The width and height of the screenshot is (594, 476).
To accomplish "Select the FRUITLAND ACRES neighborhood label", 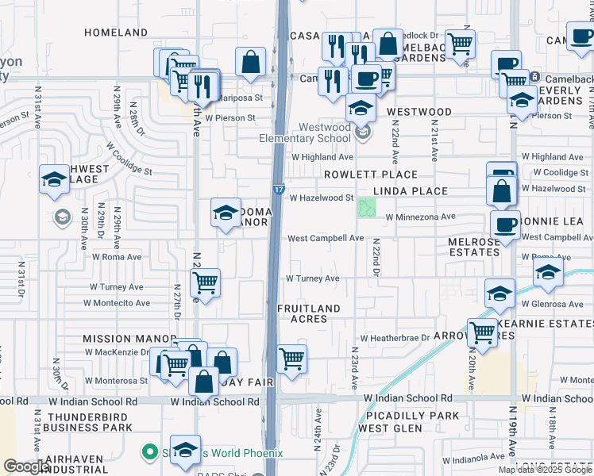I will (x=308, y=313).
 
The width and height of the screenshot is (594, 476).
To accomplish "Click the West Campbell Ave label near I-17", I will (x=326, y=238).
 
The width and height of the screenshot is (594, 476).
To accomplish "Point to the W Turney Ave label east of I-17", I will (x=313, y=278).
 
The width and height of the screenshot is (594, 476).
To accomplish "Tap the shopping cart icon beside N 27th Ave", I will (x=206, y=282).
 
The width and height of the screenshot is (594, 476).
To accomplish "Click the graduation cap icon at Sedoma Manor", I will (x=226, y=212).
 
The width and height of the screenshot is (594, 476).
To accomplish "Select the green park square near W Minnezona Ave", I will (x=367, y=208).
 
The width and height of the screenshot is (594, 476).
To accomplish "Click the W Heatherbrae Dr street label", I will (x=394, y=338).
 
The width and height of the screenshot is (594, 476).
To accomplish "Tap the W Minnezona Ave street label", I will (x=420, y=217).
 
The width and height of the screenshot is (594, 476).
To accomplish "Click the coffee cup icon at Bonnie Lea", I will (x=506, y=225).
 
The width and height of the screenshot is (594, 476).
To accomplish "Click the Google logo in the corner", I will (x=26, y=466).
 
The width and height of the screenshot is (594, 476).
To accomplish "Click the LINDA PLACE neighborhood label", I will (x=411, y=191).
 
